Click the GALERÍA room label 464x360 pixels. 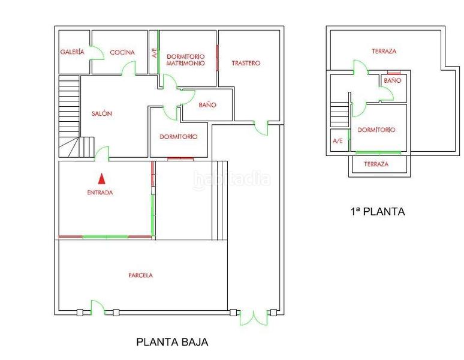click(x=72, y=52)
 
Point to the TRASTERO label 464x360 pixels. click(x=246, y=63)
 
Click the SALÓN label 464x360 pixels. click(x=102, y=113)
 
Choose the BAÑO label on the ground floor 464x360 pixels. click(x=207, y=105)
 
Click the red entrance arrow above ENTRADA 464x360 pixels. click(x=101, y=178)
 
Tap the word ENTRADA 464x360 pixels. click(x=100, y=193)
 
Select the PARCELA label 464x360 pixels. click(x=140, y=275)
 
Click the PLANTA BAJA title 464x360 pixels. click(x=172, y=343)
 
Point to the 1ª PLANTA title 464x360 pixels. click(x=377, y=211)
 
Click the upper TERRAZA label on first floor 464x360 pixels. click(x=384, y=52)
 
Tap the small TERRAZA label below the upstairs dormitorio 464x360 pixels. click(x=376, y=164)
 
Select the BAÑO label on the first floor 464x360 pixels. click(x=392, y=80)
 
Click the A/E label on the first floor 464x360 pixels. click(x=338, y=141)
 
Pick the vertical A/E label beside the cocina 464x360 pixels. click(x=153, y=53)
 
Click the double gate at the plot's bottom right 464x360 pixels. click(x=253, y=317)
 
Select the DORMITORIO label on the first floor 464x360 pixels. click(x=376, y=130)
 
